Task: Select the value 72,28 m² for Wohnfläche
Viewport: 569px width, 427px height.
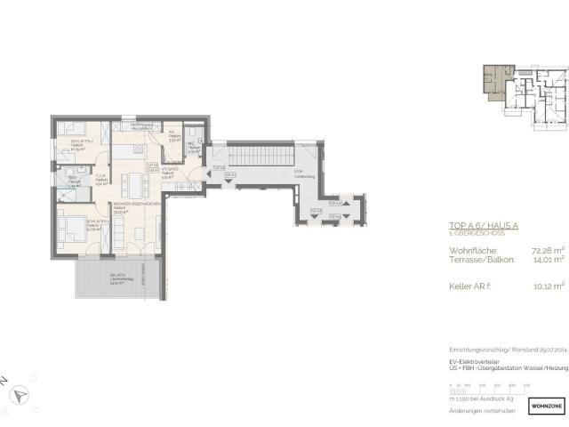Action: click(533, 252)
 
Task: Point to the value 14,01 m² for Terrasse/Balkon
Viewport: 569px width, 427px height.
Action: click(533, 261)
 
